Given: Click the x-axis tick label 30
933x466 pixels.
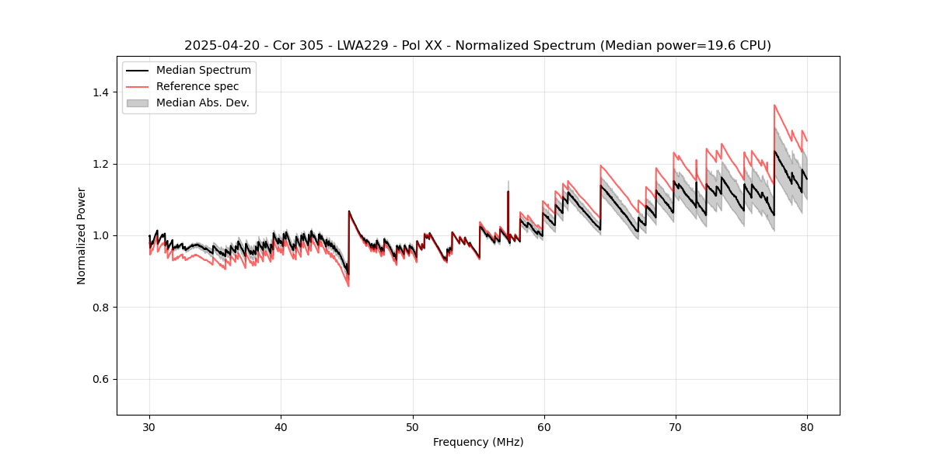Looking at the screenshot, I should (x=149, y=426).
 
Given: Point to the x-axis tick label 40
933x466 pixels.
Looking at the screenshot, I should (x=281, y=426).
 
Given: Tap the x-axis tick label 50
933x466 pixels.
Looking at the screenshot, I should (x=412, y=426).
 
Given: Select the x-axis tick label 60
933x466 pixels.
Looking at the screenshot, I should (x=543, y=426).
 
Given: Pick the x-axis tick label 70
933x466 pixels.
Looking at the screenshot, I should (x=675, y=426).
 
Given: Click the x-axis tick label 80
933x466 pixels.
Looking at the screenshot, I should (x=806, y=426).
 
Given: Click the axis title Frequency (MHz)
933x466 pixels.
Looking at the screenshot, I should (x=478, y=442).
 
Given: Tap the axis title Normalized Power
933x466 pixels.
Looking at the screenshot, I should (x=82, y=235).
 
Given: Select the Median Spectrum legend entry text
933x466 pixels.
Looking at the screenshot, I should (x=203, y=71).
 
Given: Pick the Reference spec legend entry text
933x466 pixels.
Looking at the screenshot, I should (x=197, y=86).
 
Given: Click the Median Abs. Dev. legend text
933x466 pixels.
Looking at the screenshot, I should (x=202, y=103).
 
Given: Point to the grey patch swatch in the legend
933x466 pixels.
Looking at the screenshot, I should (x=138, y=103).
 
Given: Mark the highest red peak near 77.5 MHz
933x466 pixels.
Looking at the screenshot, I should (x=774, y=105).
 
